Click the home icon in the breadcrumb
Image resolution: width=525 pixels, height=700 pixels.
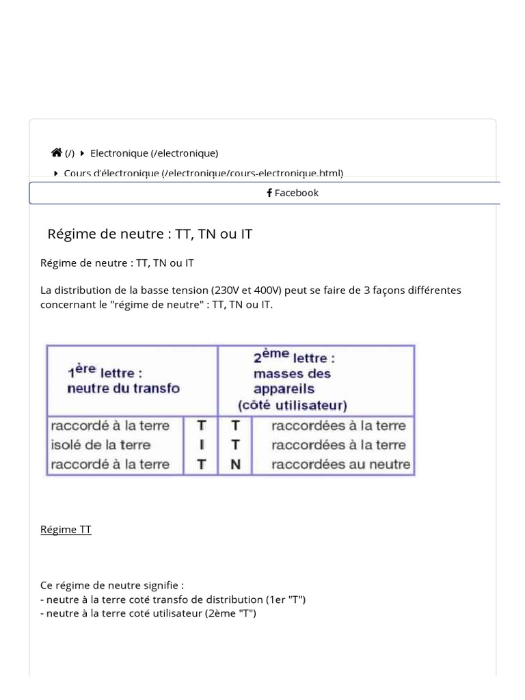pyautogui.click(x=57, y=153)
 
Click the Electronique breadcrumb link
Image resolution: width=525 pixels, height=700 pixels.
pyautogui.click(x=154, y=153)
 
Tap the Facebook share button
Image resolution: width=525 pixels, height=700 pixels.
pyautogui.click(x=293, y=193)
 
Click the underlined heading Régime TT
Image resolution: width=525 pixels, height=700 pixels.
pyautogui.click(x=66, y=530)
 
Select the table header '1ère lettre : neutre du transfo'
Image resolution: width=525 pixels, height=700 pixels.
pyautogui.click(x=123, y=380)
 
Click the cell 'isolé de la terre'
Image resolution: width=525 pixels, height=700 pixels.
pyautogui.click(x=100, y=445)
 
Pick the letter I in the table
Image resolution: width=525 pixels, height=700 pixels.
pyautogui.click(x=202, y=445)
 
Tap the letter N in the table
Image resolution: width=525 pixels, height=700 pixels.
pyautogui.click(x=235, y=465)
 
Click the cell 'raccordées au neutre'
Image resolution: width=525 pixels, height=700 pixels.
pyautogui.click(x=340, y=465)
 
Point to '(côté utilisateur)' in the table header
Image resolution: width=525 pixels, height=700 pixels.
pyautogui.click(x=293, y=405)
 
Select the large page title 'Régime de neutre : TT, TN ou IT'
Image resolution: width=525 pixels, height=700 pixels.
pyautogui.click(x=150, y=234)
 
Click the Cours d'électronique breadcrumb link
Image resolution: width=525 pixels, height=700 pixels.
pyautogui.click(x=203, y=173)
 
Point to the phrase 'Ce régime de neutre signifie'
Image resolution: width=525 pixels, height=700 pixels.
pyautogui.click(x=111, y=585)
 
